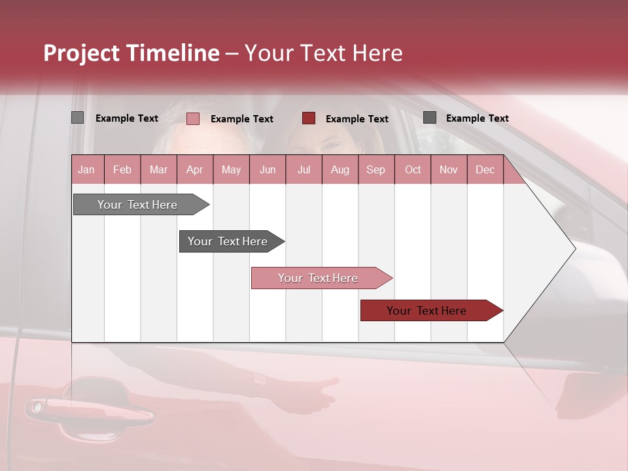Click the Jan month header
point(86,169)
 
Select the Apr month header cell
point(195,169)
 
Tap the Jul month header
point(304,169)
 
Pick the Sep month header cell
point(375,169)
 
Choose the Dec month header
point(485,169)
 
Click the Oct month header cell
point(413,169)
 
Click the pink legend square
point(193,118)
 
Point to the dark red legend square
point(309,118)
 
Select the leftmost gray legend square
point(77,118)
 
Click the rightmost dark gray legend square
point(430,118)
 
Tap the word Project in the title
point(80,53)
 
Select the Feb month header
point(122,169)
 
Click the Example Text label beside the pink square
point(242,119)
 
